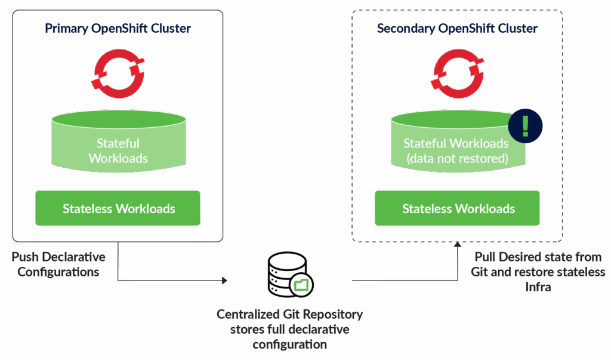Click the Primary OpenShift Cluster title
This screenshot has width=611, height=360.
(118, 29)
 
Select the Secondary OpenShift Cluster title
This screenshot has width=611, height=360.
(457, 29)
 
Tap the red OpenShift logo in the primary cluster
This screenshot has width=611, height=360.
(118, 74)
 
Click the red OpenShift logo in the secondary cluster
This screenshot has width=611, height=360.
(457, 74)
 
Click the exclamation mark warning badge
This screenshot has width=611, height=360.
(525, 126)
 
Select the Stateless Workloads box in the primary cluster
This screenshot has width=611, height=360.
(118, 208)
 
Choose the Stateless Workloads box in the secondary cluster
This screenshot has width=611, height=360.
(457, 208)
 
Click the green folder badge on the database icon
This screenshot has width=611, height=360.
(302, 285)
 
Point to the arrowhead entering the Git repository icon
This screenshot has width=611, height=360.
(225, 280)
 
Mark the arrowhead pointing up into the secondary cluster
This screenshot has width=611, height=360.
(457, 244)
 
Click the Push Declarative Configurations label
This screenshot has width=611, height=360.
(58, 264)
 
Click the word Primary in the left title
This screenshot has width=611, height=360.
(66, 29)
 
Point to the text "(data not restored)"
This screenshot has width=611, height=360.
(456, 158)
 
